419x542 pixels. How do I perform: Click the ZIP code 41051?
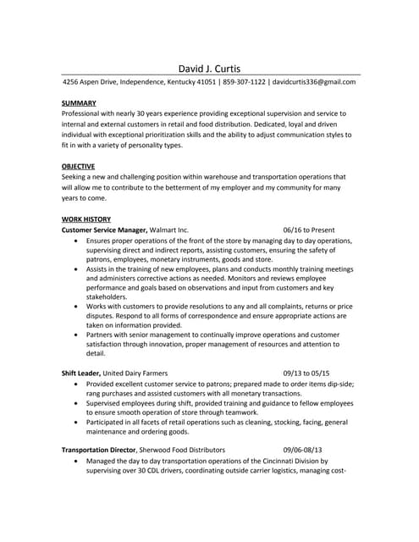pyautogui.click(x=203, y=83)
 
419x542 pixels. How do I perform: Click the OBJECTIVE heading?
pyautogui.click(x=78, y=166)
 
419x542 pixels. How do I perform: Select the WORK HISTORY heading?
pyautogui.click(x=86, y=219)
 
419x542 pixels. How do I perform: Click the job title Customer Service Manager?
pyautogui.click(x=106, y=230)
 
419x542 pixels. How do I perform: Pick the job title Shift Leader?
pyautogui.click(x=81, y=373)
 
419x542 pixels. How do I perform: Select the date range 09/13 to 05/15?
pyautogui.click(x=306, y=373)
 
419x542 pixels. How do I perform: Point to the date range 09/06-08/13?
pyautogui.click(x=303, y=450)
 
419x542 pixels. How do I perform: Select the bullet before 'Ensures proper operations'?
pyautogui.click(x=77, y=241)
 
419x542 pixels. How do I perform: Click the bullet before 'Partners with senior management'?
pyautogui.click(x=77, y=335)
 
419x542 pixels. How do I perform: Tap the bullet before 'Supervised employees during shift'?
pyautogui.click(x=77, y=403)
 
